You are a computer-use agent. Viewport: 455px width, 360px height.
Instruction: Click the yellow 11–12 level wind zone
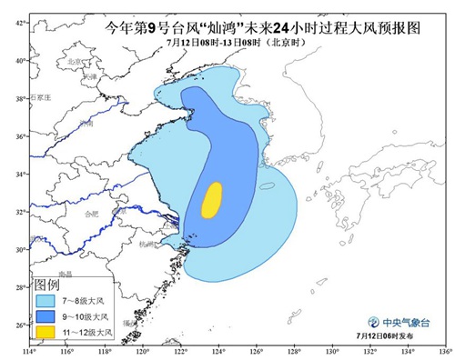pyautogui.click(x=211, y=200)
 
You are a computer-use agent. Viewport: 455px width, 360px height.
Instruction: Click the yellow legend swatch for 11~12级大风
pyautogui.click(x=45, y=334)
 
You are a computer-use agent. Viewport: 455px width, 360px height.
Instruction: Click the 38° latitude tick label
pyautogui.click(x=19, y=97)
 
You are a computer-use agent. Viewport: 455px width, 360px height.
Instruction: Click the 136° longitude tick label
pyautogui.click(x=443, y=352)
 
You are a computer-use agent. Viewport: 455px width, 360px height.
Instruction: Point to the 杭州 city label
pyautogui.click(x=149, y=244)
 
